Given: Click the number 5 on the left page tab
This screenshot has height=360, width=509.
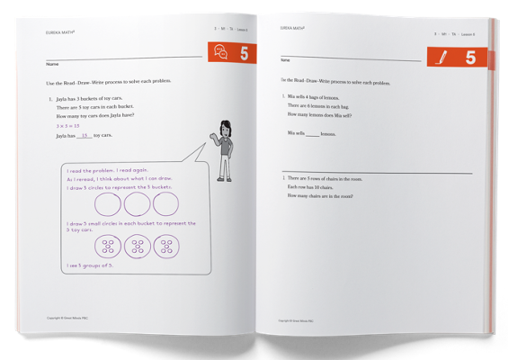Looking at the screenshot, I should pyautogui.click(x=245, y=54).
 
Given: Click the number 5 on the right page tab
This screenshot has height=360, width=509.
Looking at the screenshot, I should pyautogui.click(x=470, y=58).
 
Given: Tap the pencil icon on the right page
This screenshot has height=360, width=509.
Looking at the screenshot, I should pyautogui.click(x=442, y=58).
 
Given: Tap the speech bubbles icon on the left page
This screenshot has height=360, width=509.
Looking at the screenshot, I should pyautogui.click(x=219, y=53).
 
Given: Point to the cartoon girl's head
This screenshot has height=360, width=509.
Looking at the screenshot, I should pyautogui.click(x=226, y=126).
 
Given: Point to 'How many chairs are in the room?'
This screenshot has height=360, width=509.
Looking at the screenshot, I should pyautogui.click(x=320, y=195).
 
